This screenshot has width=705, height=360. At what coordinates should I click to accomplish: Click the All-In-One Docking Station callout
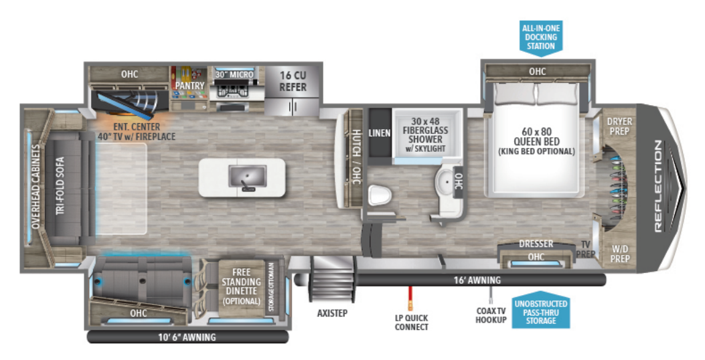click(540, 37)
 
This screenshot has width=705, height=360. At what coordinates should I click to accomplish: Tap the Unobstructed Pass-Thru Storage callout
click(540, 312)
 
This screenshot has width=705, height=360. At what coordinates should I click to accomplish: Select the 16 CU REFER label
click(293, 82)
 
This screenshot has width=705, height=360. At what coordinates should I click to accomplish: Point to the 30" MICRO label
click(234, 74)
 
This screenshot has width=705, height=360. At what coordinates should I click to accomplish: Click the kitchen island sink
click(242, 177)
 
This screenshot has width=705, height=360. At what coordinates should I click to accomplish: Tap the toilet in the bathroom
click(378, 195)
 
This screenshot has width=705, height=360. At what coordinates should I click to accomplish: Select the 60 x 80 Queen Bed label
click(536, 141)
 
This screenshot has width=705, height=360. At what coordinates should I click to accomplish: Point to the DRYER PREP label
click(619, 125)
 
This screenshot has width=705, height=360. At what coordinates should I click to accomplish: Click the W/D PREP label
click(619, 254)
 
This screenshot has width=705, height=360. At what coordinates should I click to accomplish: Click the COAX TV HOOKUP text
click(492, 315)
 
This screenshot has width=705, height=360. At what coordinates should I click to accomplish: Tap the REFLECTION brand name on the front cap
click(657, 187)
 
